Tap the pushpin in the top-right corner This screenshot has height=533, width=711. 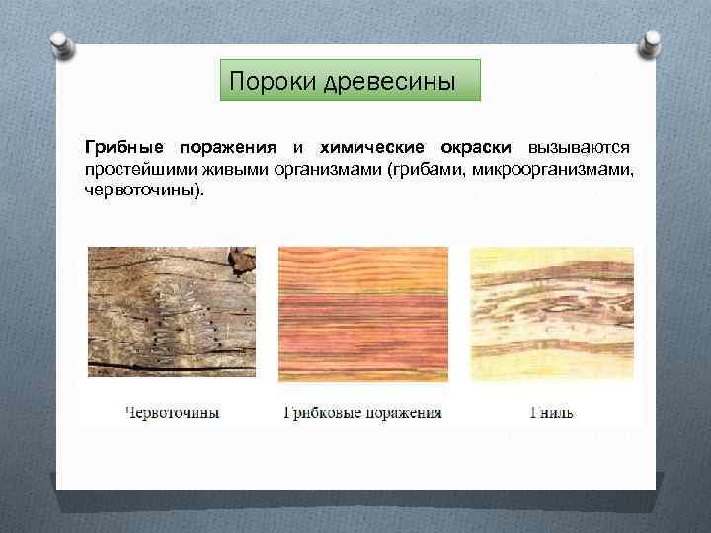click(653, 43)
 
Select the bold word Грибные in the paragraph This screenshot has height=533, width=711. click(124, 148)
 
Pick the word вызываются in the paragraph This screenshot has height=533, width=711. click(581, 148)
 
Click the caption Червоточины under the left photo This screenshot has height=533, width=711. click(172, 412)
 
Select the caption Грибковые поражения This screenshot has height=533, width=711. click(362, 412)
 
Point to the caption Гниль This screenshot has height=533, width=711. click(551, 412)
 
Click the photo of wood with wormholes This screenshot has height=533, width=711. click(171, 313)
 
